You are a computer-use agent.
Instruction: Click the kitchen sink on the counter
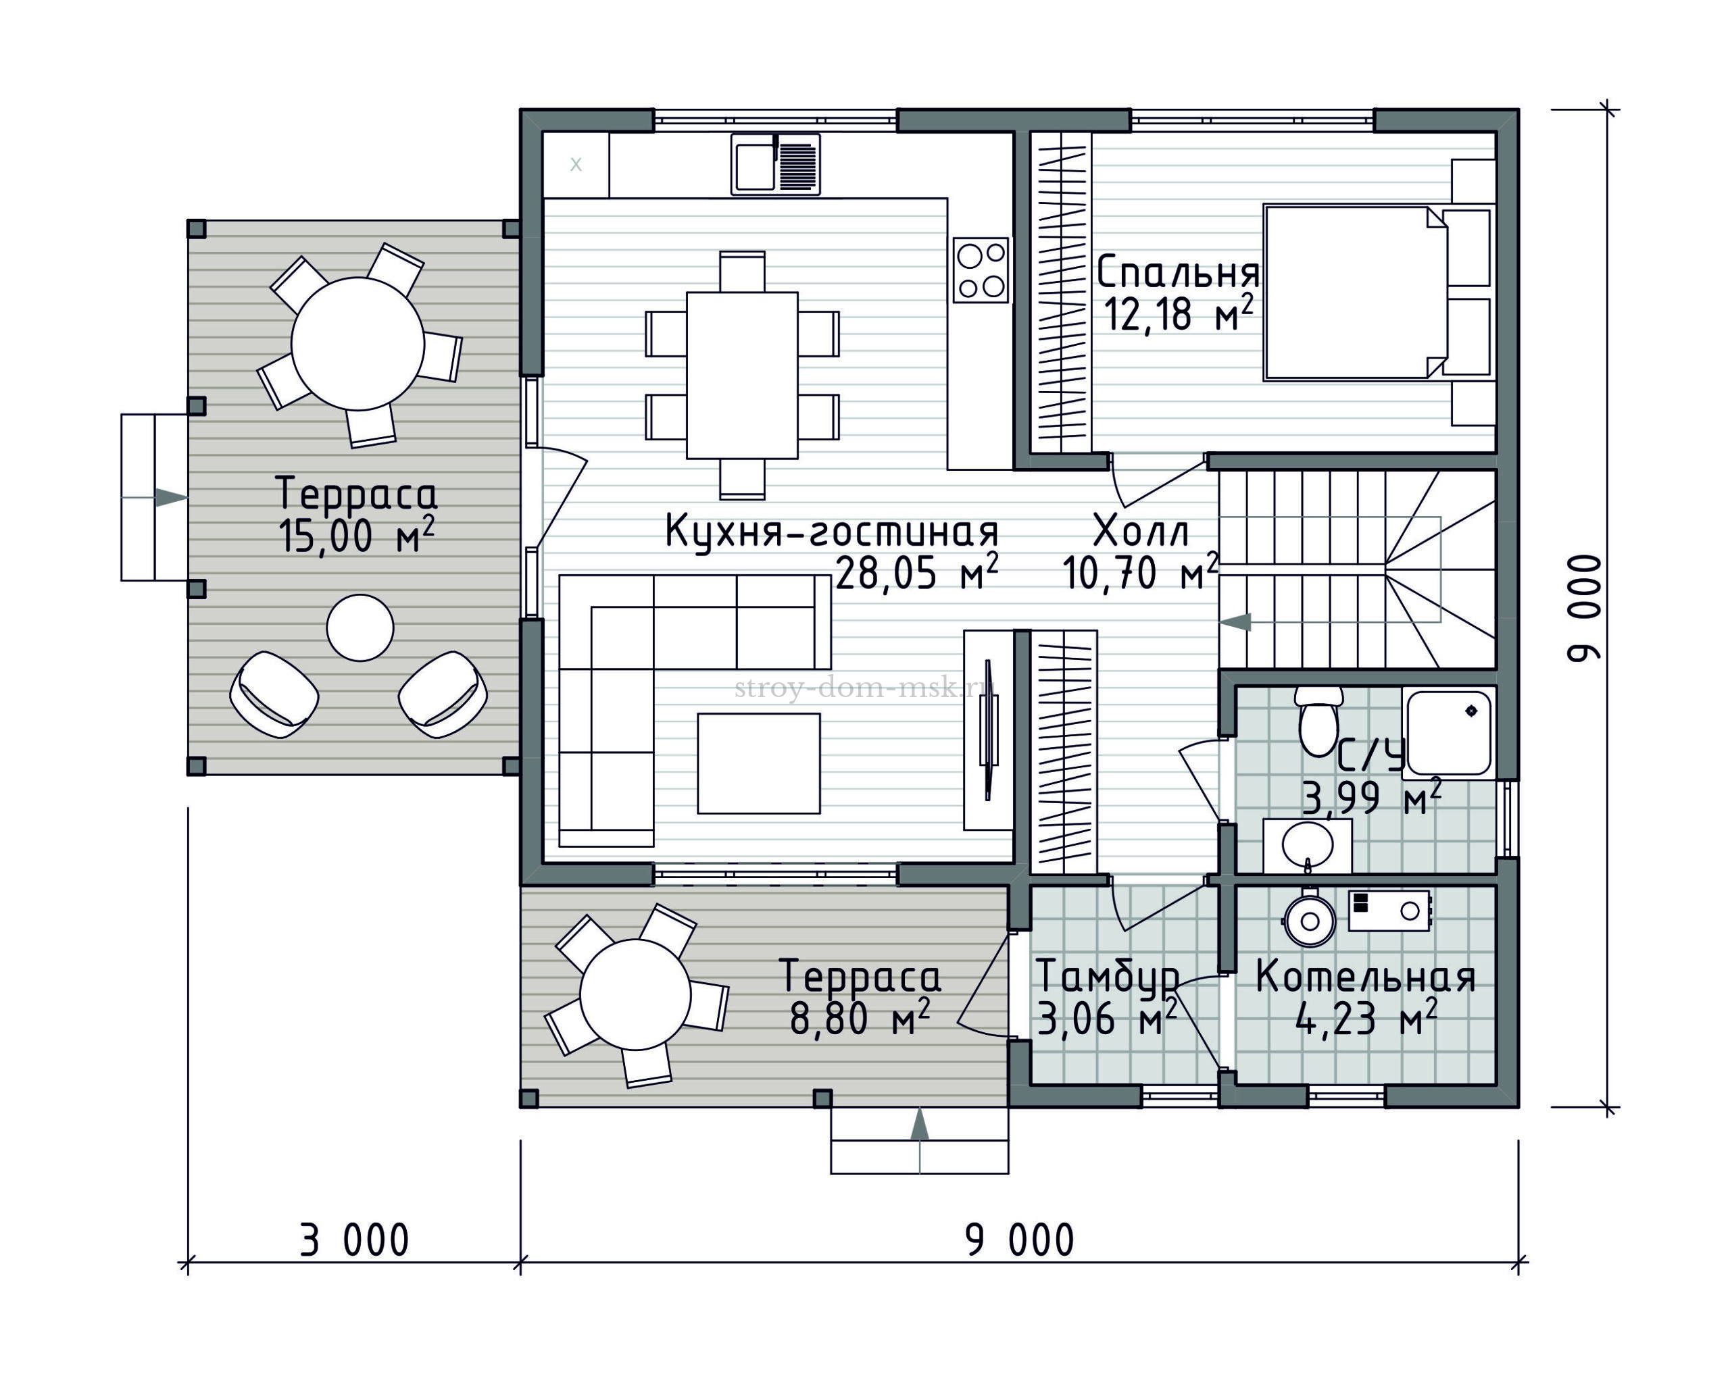(x=775, y=163)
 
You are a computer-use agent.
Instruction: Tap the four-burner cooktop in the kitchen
(x=981, y=270)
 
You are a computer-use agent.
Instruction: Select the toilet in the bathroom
(x=1318, y=721)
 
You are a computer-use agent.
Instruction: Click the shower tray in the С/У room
(x=1449, y=733)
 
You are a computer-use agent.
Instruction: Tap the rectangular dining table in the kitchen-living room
(x=742, y=376)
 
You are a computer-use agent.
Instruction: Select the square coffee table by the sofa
(x=758, y=763)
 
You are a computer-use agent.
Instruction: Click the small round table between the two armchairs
(x=360, y=628)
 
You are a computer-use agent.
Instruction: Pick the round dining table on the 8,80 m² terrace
(x=635, y=994)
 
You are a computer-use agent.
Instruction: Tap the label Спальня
(x=1178, y=273)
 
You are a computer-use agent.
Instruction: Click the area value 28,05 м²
(x=917, y=573)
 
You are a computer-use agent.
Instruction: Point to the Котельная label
(x=1366, y=977)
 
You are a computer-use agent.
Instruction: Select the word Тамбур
(x=1108, y=977)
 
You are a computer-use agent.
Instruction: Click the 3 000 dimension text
(x=355, y=1241)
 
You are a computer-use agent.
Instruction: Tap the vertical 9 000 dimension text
(x=1585, y=608)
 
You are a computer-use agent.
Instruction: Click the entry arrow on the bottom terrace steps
(x=920, y=1124)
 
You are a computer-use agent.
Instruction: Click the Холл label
(x=1141, y=532)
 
